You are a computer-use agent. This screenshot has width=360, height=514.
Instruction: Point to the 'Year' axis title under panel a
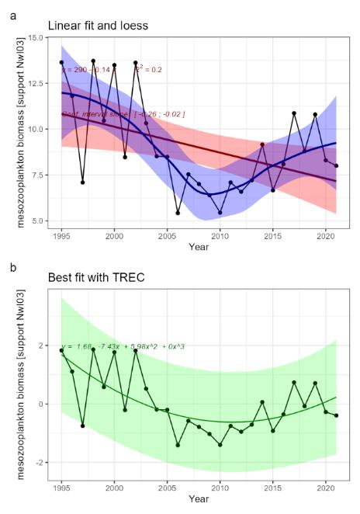(199, 247)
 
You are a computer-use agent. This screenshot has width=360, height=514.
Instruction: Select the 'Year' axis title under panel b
(199, 498)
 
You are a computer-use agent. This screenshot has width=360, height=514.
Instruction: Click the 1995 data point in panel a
(61, 62)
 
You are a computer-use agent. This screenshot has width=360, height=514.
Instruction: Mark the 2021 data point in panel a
(336, 165)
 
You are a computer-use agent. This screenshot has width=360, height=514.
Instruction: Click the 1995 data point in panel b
(61, 350)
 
